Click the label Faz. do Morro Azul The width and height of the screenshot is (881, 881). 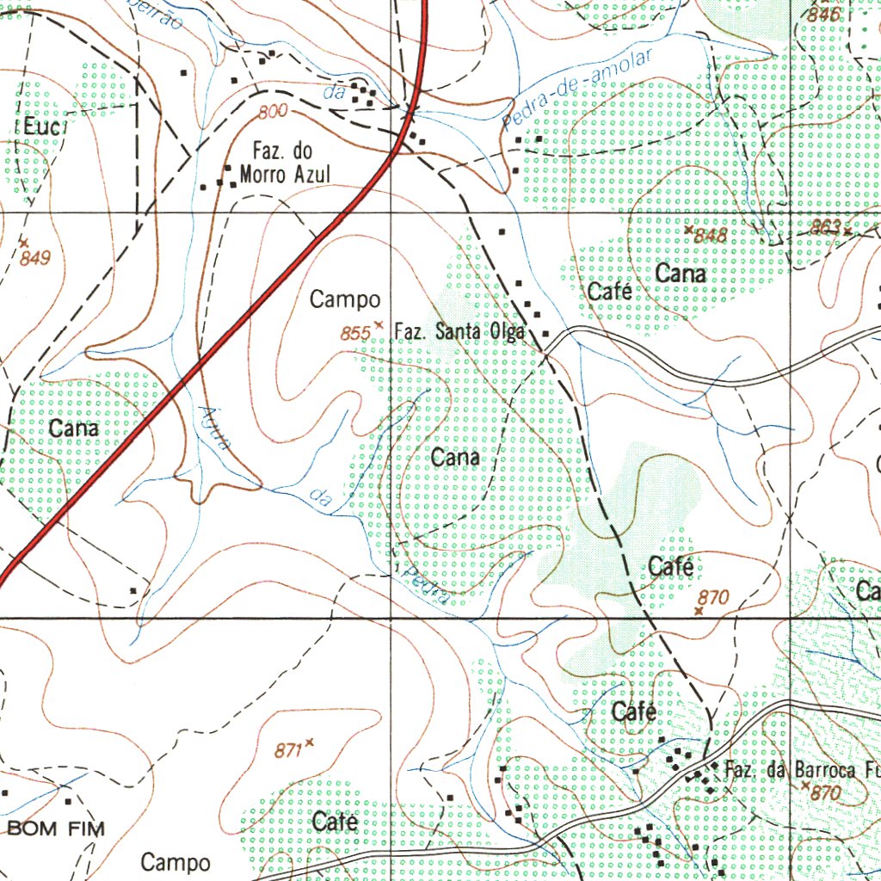pyautogui.click(x=284, y=163)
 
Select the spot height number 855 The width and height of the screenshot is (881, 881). pyautogui.click(x=354, y=334)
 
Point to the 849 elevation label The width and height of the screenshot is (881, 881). pyautogui.click(x=37, y=258)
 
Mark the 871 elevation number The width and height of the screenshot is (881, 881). pyautogui.click(x=288, y=751)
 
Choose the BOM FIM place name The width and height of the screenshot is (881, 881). pyautogui.click(x=56, y=829)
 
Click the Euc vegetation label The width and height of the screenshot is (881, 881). pyautogui.click(x=40, y=127)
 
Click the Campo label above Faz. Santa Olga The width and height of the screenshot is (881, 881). pyautogui.click(x=345, y=299)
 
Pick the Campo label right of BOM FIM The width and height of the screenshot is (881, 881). pyautogui.click(x=176, y=862)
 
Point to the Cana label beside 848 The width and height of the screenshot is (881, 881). pyautogui.click(x=681, y=274)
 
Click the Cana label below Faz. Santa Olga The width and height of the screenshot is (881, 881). pyautogui.click(x=455, y=458)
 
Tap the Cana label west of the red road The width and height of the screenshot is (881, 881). pyautogui.click(x=74, y=428)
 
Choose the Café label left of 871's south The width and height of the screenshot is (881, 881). pyautogui.click(x=335, y=822)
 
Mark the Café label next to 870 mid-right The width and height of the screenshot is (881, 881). pyautogui.click(x=671, y=566)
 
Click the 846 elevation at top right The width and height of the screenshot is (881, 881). pyautogui.click(x=824, y=15)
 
